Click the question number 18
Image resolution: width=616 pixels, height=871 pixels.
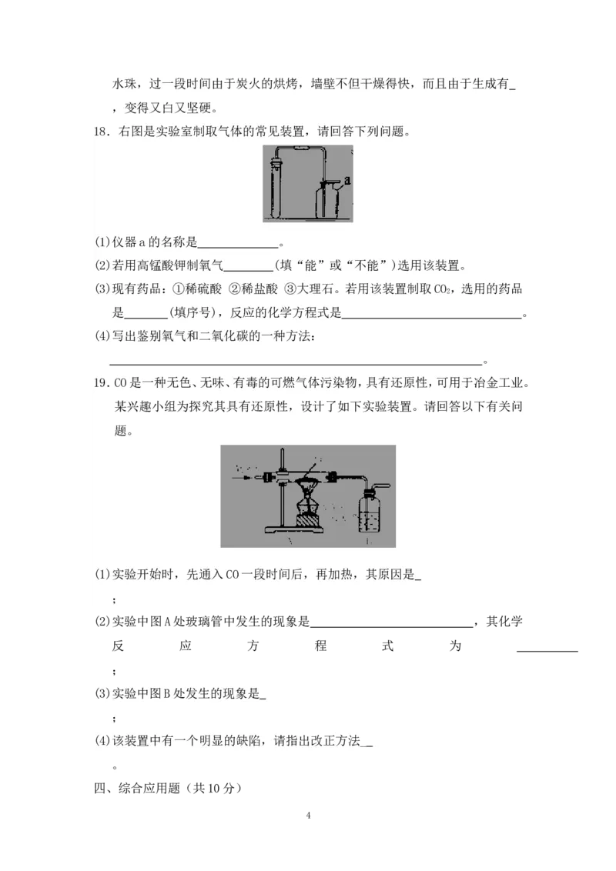[101, 132]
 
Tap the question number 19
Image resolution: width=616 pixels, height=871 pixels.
[101, 384]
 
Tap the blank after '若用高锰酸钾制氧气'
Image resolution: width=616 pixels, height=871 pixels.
[247, 266]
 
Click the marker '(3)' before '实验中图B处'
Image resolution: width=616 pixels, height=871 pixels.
[102, 693]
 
